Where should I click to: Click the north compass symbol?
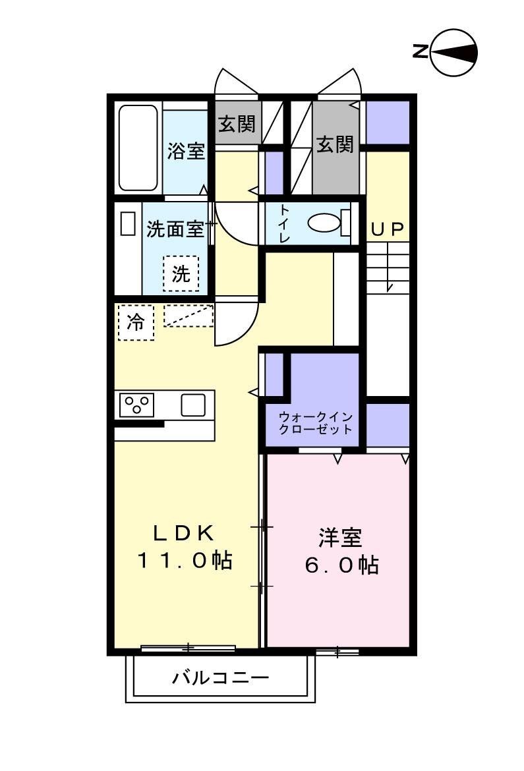[x=453, y=52]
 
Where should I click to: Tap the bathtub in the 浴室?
[x=138, y=148]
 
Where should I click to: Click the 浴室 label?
[x=185, y=151]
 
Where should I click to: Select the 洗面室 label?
[x=175, y=229]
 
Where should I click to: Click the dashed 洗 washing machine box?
[x=181, y=273]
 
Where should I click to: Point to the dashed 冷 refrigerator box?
[x=136, y=322]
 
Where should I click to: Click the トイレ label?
[x=284, y=223]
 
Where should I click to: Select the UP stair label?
[x=387, y=229]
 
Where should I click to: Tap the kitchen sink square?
[x=192, y=404]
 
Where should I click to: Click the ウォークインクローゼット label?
[x=315, y=422]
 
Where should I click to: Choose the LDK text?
[x=185, y=532]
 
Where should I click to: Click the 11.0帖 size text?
[x=185, y=561]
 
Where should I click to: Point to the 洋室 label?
[x=340, y=538]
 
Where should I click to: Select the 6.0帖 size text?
[x=341, y=565]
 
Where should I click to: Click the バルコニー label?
[x=221, y=677]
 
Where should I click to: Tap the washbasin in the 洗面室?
[x=128, y=223]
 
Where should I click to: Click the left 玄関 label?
[x=237, y=123]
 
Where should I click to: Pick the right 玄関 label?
[x=335, y=144]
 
